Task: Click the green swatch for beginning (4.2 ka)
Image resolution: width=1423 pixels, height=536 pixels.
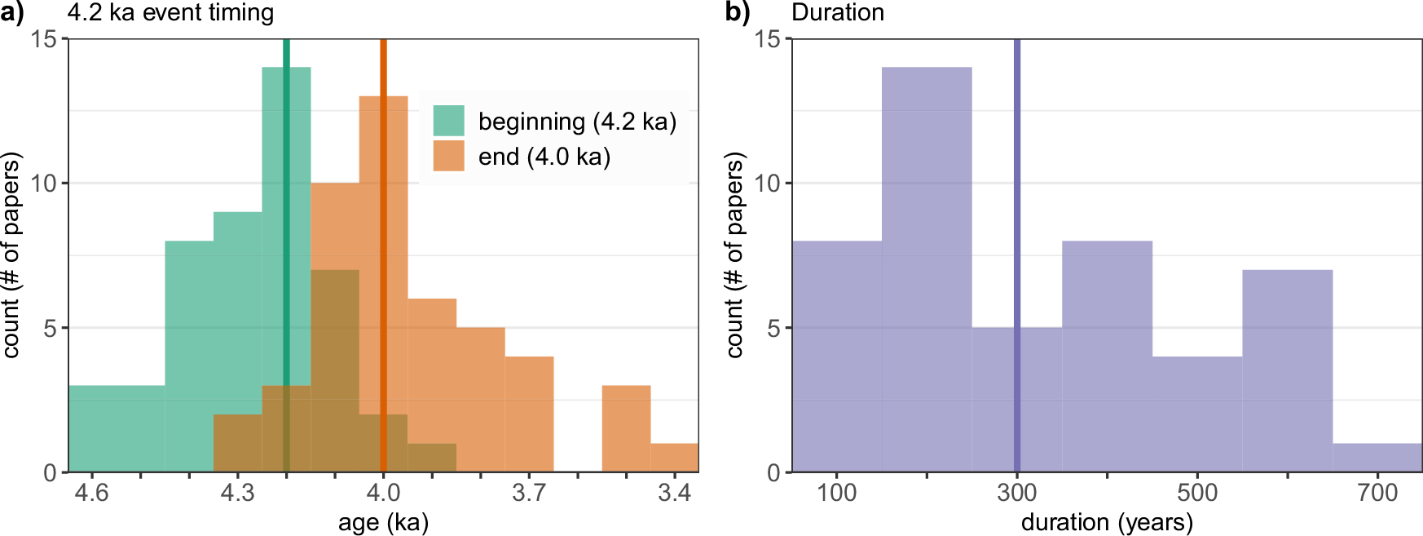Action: tap(448, 121)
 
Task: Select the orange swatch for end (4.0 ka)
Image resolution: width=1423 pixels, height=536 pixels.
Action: tap(448, 156)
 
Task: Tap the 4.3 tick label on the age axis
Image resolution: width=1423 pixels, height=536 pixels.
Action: tap(237, 493)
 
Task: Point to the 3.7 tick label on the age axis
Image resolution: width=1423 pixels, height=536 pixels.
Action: tap(529, 493)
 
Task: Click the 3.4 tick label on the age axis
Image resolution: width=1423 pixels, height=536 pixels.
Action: tap(675, 493)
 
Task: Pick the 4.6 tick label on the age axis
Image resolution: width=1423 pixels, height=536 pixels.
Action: tap(91, 493)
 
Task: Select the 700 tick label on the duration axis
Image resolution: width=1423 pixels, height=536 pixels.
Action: tap(1377, 493)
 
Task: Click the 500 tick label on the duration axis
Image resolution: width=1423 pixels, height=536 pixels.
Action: tap(1197, 493)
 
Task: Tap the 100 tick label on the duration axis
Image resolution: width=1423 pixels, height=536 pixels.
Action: tap(837, 493)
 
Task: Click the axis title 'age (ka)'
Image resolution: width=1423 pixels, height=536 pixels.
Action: tap(383, 522)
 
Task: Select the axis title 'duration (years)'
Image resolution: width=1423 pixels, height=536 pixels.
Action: tap(1107, 522)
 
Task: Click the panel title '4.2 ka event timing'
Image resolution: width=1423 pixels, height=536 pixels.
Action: tap(170, 13)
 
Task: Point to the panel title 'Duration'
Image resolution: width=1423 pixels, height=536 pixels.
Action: tap(838, 13)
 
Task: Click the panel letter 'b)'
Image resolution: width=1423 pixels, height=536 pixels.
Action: tap(737, 13)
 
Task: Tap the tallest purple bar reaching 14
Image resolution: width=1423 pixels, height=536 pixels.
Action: tap(927, 269)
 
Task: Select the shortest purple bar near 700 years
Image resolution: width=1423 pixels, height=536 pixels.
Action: tap(1377, 458)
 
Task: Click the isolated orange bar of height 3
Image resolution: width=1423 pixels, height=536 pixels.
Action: tap(626, 428)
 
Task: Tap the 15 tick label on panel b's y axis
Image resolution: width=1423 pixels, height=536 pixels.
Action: tap(767, 39)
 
